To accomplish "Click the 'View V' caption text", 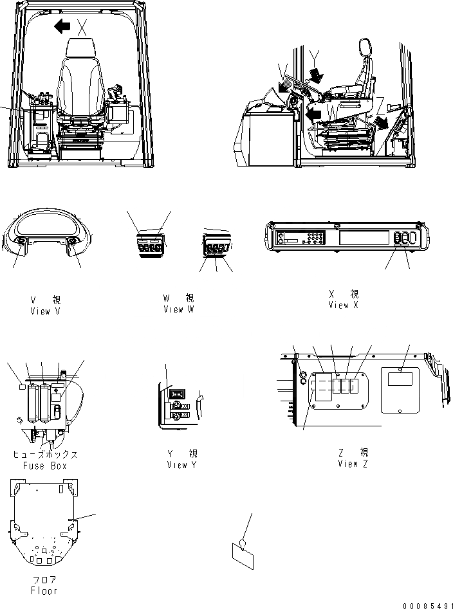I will (46, 311).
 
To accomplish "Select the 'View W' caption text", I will (178, 309).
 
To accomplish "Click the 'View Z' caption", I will (353, 464).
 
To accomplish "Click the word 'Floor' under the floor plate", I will (44, 590).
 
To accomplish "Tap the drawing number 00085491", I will (425, 605).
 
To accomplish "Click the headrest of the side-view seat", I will (365, 48).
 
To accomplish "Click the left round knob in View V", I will (19, 242).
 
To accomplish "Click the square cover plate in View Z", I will (400, 390).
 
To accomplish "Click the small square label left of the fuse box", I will (23, 388).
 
